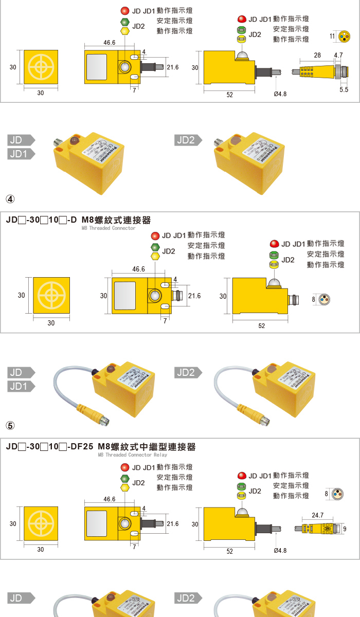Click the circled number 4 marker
coord(10,199)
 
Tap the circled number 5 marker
coord(10,426)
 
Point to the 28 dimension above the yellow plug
coord(317,55)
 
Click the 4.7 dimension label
coord(338,55)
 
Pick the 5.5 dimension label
coord(344,89)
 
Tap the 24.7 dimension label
coord(318,515)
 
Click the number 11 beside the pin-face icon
coord(332,35)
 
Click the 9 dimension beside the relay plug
coord(344,528)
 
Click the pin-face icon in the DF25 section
coord(337,494)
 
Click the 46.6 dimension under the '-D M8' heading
coord(138,269)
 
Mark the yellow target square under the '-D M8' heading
coord(51,296)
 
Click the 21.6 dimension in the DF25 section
coord(173,523)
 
